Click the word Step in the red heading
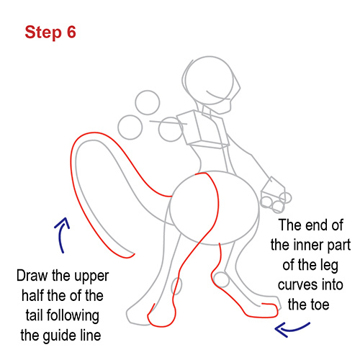pos(42,32)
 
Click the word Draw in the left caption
pos(33,276)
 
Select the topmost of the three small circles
pos(148,102)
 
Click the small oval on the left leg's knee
pos(179,287)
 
